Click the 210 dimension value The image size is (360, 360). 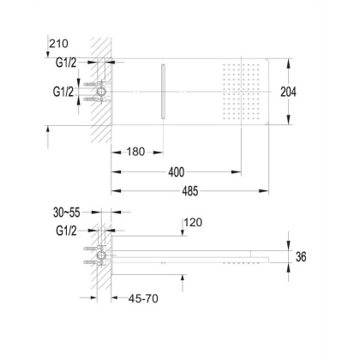(x=59, y=44)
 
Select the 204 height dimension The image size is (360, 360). (x=288, y=92)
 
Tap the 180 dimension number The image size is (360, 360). (x=135, y=152)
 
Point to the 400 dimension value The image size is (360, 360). (x=177, y=172)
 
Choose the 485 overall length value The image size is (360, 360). (x=190, y=191)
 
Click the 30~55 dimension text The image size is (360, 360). (x=67, y=213)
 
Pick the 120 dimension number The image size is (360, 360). (x=193, y=222)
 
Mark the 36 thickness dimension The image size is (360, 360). (x=301, y=256)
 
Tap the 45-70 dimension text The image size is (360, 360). (x=143, y=298)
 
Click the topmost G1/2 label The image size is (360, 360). (x=66, y=63)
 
